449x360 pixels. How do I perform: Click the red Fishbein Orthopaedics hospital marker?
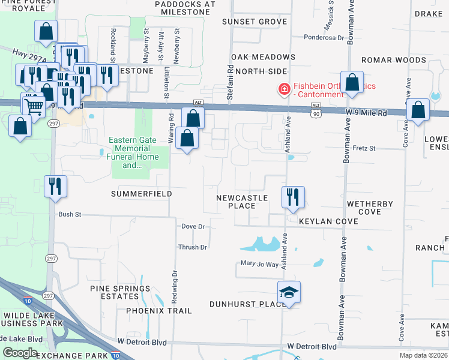282,89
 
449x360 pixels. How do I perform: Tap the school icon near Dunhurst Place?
289,292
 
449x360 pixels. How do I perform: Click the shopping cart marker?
34,104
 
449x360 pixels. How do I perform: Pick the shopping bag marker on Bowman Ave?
352,82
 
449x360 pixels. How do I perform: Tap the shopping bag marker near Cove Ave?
418,110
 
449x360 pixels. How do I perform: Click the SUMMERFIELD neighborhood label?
141,194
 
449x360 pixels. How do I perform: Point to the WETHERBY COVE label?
370,208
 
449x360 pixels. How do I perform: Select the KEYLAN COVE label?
328,221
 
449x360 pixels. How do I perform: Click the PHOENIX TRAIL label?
159,311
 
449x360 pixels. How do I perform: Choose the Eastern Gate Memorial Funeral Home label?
134,152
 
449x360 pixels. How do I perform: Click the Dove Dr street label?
193,227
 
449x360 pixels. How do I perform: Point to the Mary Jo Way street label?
259,264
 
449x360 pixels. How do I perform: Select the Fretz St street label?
364,148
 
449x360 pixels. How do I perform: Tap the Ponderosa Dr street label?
323,37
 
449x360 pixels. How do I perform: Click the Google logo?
20,352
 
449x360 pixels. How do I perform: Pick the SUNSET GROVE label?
254,22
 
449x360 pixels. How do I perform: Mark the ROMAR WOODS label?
394,61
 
